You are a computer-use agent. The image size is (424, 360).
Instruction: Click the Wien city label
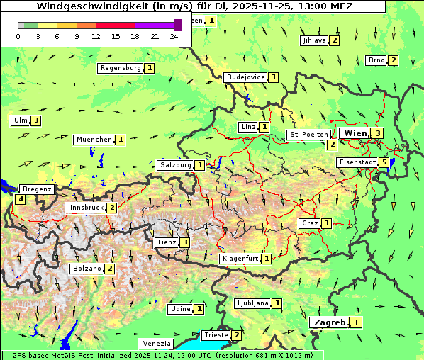click(x=355, y=133)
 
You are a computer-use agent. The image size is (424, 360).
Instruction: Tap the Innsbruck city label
click(x=87, y=208)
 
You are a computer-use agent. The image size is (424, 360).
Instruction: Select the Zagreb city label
click(x=329, y=322)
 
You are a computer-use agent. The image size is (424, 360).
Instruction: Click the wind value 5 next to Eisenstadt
click(x=384, y=162)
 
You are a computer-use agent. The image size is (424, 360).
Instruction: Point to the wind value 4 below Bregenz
click(x=21, y=199)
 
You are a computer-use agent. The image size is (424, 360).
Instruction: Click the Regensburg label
click(x=121, y=68)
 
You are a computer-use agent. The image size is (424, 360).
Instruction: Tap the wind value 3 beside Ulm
click(x=36, y=120)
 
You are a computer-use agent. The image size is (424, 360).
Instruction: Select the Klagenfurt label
click(x=240, y=259)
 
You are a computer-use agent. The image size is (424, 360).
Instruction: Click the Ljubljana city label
click(x=252, y=303)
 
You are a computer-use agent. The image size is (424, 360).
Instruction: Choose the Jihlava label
click(x=314, y=40)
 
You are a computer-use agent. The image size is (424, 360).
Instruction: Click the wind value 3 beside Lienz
click(x=184, y=242)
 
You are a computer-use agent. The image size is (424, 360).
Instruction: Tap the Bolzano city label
click(x=87, y=269)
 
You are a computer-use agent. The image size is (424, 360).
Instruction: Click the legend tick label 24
click(x=174, y=36)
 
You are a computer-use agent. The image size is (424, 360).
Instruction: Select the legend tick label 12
click(x=96, y=36)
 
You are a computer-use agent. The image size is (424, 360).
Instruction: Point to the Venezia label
click(x=157, y=343)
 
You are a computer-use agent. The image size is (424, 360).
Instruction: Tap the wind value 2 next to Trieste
click(x=237, y=335)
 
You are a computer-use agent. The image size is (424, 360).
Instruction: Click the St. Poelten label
click(x=308, y=134)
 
